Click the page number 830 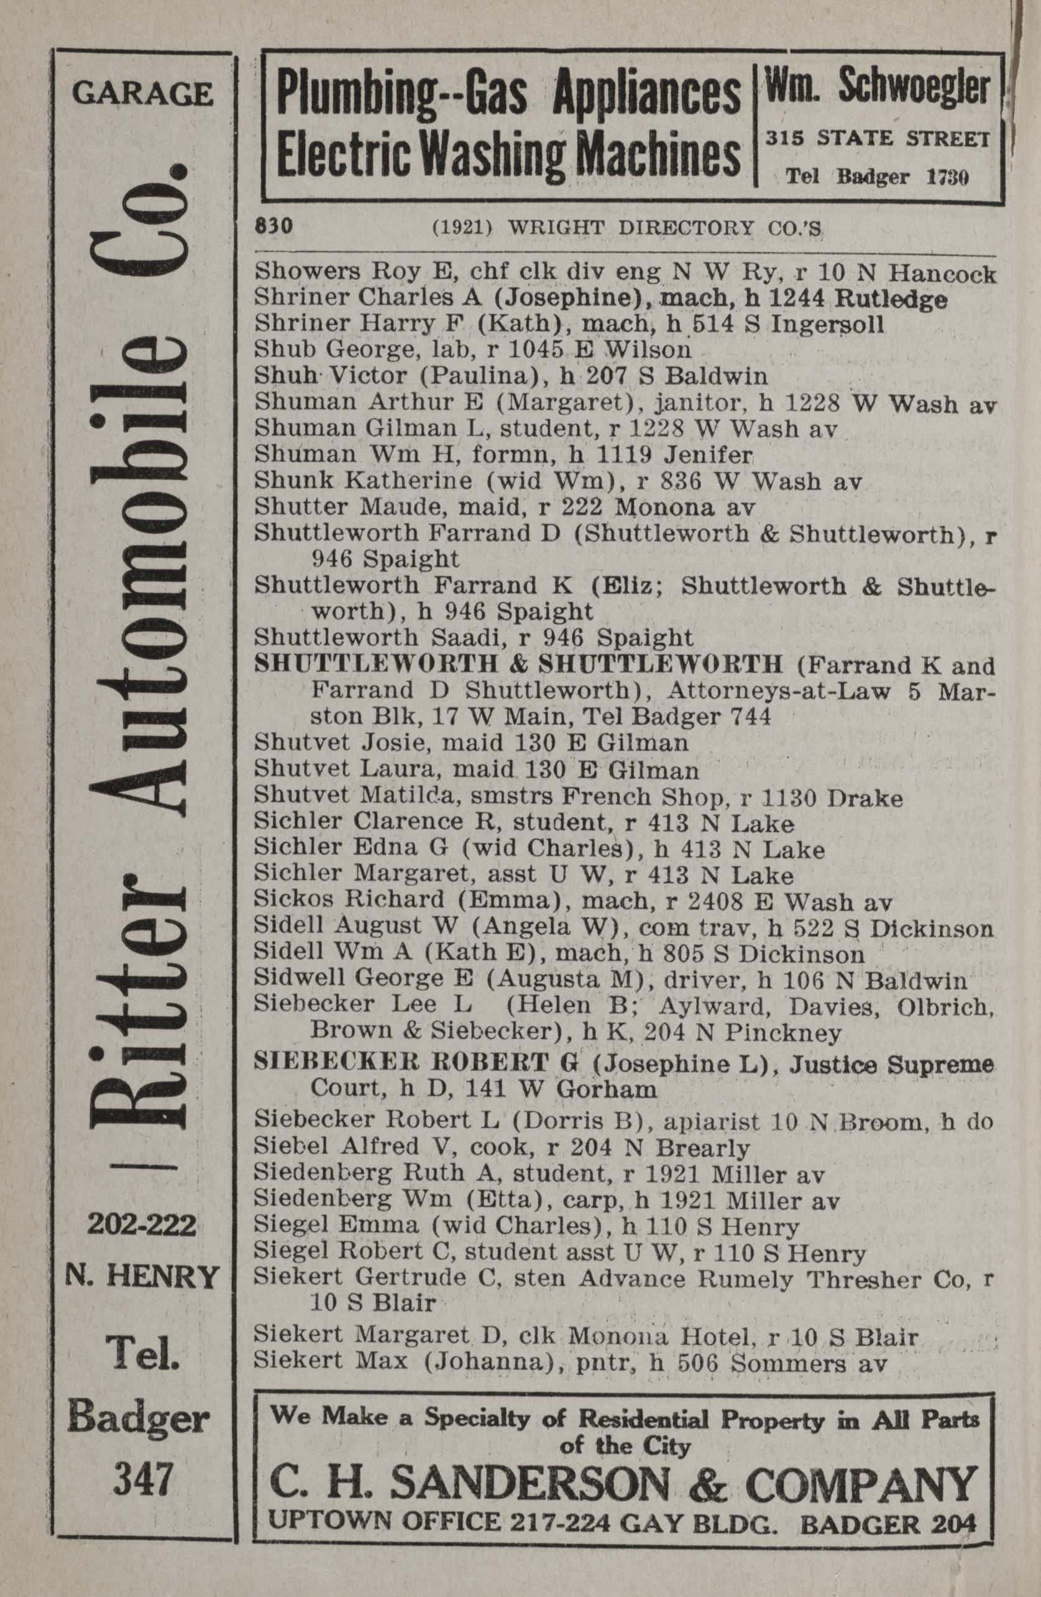[x=273, y=227]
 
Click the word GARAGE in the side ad [x=142, y=93]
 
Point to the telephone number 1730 [x=948, y=178]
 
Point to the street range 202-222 [x=142, y=1225]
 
